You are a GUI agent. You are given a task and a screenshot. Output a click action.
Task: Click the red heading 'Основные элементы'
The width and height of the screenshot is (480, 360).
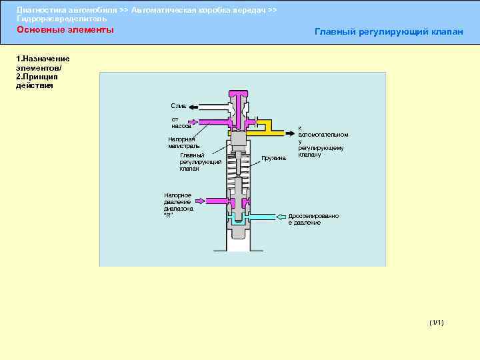click(65, 30)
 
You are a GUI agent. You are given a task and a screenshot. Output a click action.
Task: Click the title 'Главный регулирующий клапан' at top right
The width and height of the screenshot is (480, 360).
click(388, 31)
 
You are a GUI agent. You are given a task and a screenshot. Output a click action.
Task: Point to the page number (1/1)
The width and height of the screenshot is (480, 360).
click(437, 323)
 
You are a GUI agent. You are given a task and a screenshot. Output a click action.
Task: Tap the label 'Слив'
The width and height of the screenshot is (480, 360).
click(178, 106)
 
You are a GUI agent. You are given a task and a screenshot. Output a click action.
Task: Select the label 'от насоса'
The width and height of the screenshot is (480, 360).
click(181, 123)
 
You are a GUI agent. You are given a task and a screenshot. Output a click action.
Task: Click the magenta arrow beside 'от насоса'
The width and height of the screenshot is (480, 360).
click(200, 123)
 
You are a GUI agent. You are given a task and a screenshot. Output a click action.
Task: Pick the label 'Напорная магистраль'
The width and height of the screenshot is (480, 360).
click(183, 142)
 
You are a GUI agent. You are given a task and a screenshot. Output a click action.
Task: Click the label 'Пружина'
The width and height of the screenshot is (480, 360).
click(273, 158)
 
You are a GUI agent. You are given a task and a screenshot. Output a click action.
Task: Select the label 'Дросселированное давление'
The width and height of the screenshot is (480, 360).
click(313, 219)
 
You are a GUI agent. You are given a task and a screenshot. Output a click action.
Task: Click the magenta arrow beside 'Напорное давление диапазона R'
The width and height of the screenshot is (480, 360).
click(213, 200)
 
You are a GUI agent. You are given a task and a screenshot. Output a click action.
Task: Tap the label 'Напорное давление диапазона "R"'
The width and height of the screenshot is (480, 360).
click(178, 205)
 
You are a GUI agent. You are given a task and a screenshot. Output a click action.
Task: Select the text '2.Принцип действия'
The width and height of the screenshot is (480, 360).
click(37, 81)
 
